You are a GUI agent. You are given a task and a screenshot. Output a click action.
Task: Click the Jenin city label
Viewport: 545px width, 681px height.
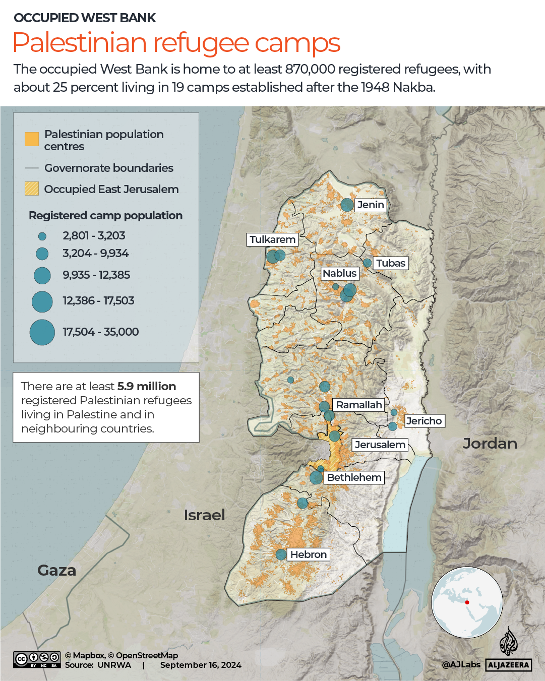click(371, 205)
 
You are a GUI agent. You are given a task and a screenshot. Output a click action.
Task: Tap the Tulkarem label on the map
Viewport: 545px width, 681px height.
click(272, 239)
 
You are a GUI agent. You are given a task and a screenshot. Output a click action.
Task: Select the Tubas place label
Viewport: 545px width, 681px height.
click(390, 263)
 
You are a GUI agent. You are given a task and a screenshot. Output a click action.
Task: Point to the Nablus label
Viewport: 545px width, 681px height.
click(340, 273)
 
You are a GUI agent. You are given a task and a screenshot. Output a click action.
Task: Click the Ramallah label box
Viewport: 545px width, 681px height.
click(359, 405)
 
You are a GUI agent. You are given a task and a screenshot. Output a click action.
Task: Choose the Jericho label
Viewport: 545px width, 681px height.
click(424, 421)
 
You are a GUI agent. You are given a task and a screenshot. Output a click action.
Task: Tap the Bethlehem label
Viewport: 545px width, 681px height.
click(354, 477)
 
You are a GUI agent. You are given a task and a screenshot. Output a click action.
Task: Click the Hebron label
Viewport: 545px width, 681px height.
click(308, 554)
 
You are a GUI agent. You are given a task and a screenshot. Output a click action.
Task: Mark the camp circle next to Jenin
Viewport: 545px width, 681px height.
click(347, 205)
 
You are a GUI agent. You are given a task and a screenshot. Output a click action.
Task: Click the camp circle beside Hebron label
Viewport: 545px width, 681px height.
click(281, 554)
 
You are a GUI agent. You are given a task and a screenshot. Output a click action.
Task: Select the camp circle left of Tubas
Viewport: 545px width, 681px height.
click(368, 263)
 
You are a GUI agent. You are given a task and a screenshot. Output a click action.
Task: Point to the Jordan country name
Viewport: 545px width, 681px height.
click(490, 444)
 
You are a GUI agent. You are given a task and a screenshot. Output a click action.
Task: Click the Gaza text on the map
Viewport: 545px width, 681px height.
click(56, 570)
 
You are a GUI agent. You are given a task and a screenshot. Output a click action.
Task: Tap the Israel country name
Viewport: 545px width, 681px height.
click(204, 515)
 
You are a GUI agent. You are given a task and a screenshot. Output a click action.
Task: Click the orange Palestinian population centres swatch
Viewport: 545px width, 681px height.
click(32, 139)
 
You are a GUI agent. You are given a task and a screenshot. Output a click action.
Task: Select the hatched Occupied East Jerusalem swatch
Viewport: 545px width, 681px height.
click(32, 189)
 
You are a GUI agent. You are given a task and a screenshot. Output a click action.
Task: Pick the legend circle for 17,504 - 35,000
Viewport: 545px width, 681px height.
click(42, 332)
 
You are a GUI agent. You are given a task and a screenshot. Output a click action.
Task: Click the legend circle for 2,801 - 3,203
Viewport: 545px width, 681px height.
click(42, 236)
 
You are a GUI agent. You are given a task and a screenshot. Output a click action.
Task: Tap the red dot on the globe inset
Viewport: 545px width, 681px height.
click(467, 602)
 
